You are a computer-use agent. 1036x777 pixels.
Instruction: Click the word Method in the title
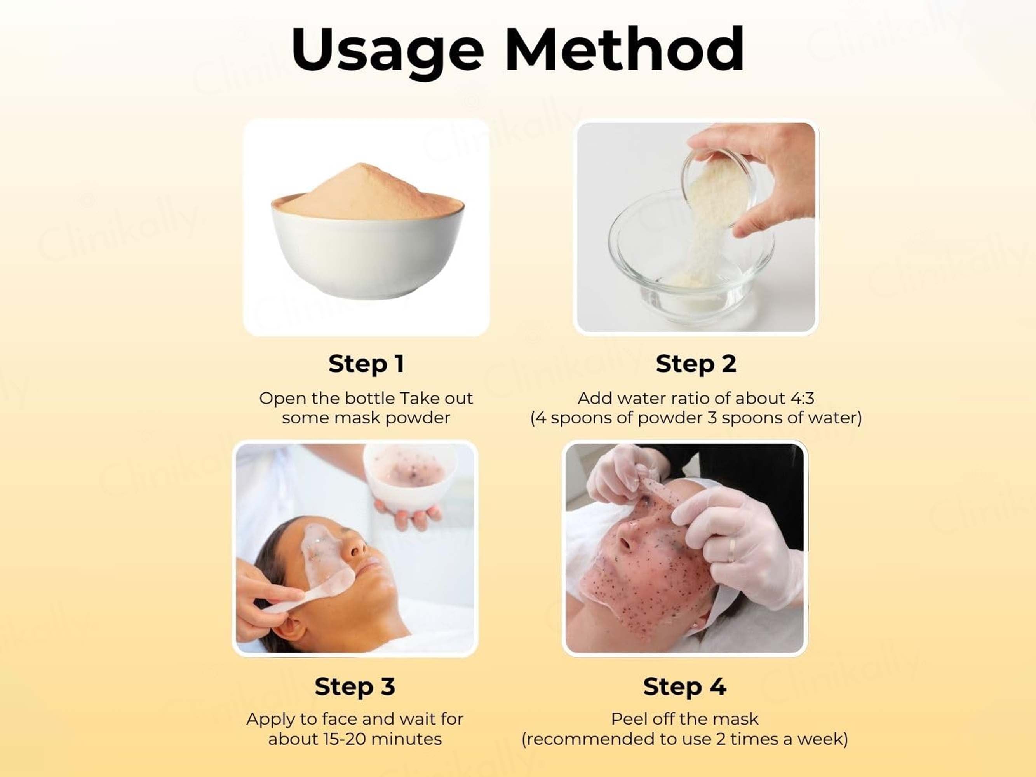click(624, 49)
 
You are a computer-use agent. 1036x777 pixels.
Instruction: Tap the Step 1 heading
click(366, 364)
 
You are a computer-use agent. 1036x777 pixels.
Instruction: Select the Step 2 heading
click(696, 364)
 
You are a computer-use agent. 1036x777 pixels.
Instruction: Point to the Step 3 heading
click(355, 686)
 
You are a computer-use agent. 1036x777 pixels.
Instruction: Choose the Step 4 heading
click(685, 686)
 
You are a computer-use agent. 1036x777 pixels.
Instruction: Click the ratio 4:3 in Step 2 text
click(802, 399)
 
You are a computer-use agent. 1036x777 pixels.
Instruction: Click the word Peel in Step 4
click(627, 719)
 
